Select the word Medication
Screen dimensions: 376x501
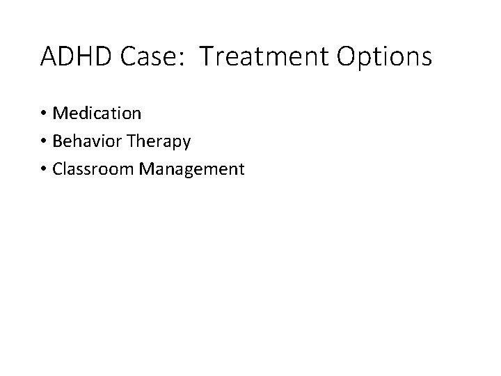pos(97,112)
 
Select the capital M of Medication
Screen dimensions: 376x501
pos(60,112)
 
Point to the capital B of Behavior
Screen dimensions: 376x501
pos(57,141)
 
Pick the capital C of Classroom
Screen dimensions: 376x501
pos(57,169)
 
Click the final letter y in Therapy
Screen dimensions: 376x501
pos(186,143)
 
